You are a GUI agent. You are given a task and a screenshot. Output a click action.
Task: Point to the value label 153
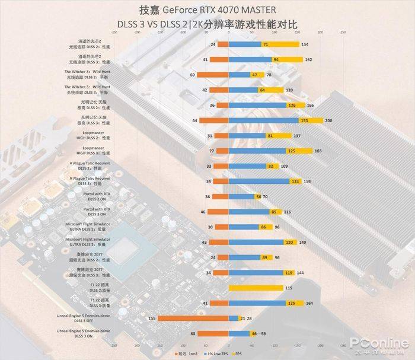click(304, 120)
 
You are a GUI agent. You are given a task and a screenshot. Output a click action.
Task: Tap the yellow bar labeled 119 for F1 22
click(256, 288)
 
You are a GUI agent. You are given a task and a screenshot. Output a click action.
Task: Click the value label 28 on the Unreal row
click(250, 318)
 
